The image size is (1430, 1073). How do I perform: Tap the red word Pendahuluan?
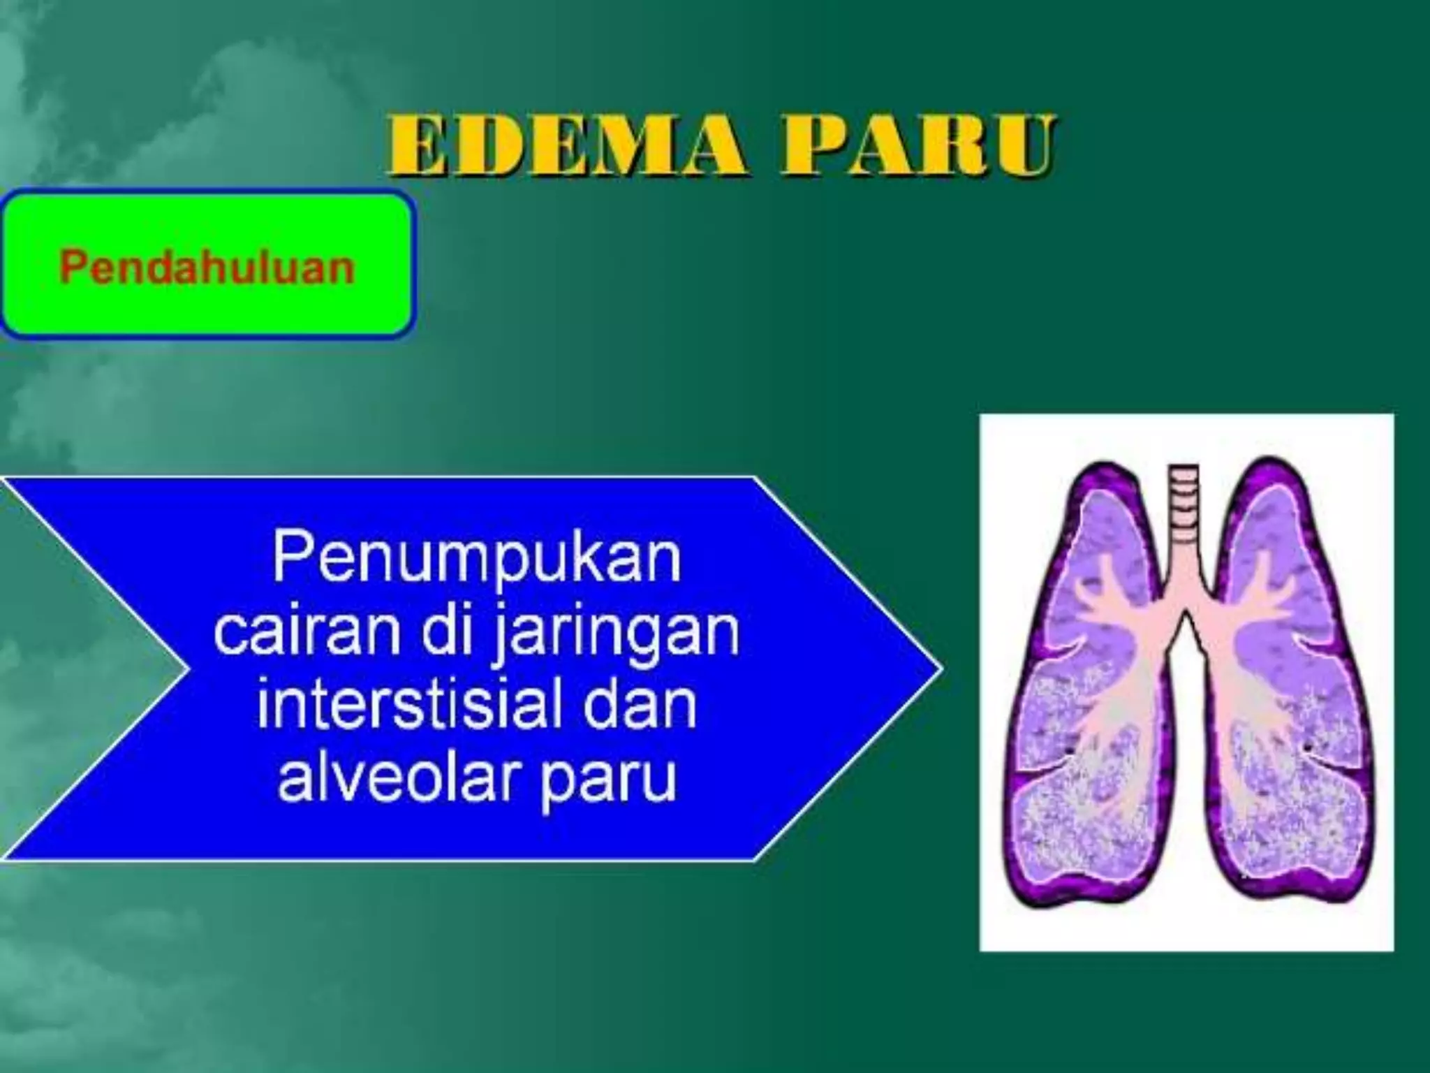[207, 267]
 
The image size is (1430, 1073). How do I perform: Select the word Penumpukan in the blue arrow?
[476, 559]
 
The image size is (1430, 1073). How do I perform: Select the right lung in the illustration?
[1292, 699]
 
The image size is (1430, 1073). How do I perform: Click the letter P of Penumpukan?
[289, 559]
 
